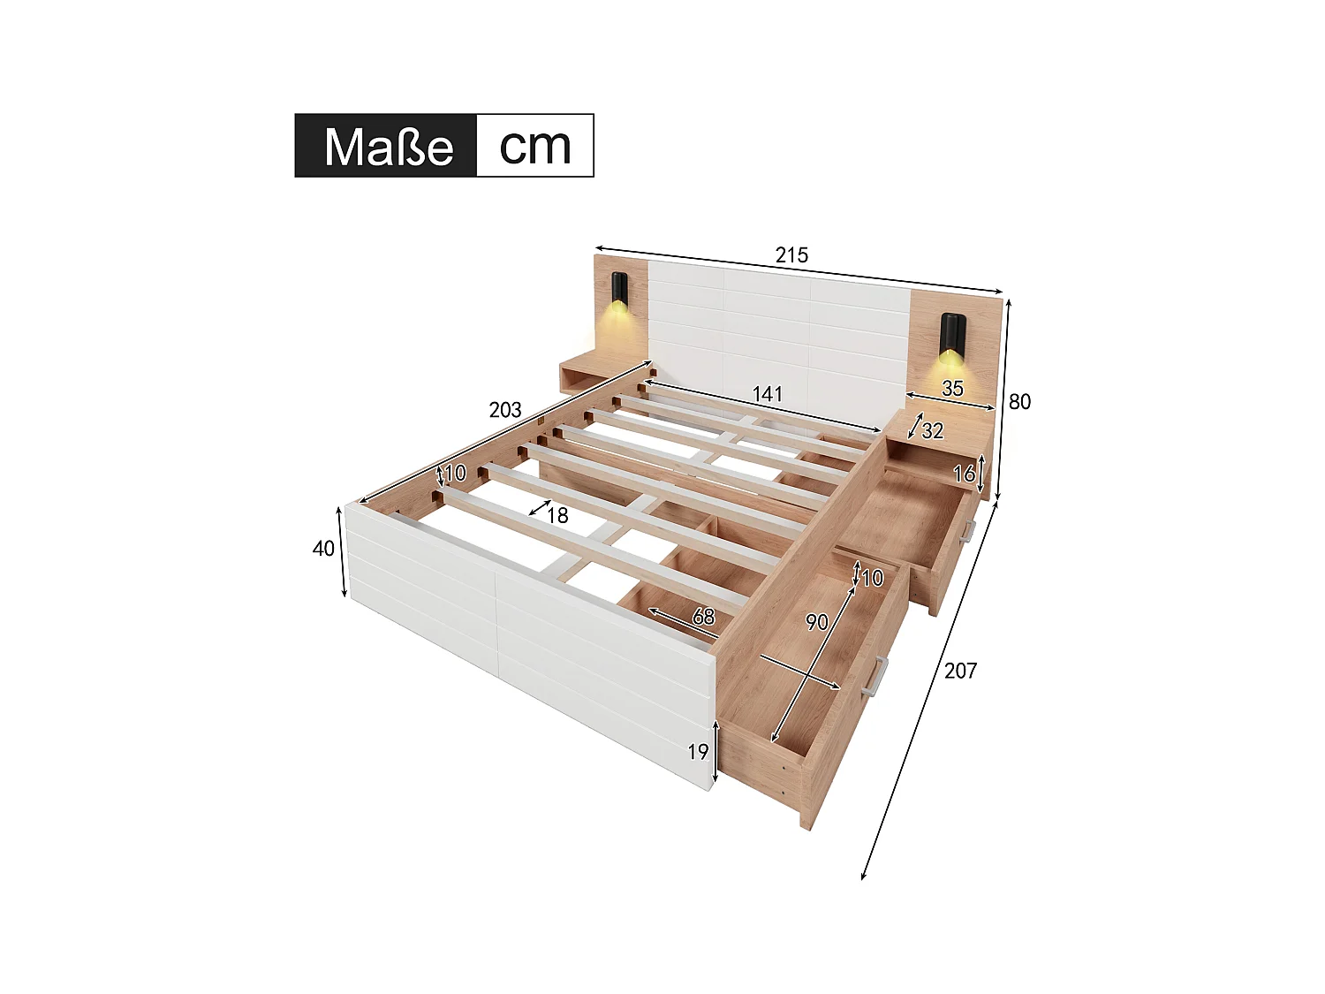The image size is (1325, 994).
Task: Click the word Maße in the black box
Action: pyautogui.click(x=388, y=146)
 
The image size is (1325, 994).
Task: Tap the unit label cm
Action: pyautogui.click(x=534, y=146)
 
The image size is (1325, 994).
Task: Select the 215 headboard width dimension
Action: pyautogui.click(x=791, y=255)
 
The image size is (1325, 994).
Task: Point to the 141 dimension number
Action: pyautogui.click(x=767, y=393)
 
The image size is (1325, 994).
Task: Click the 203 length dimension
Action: pyautogui.click(x=505, y=410)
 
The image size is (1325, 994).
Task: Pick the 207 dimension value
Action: pyautogui.click(x=960, y=671)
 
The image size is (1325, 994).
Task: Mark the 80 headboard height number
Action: pyautogui.click(x=1019, y=402)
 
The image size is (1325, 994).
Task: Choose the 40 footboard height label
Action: pyautogui.click(x=323, y=549)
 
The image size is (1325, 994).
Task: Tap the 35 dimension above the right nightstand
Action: pyautogui.click(x=952, y=388)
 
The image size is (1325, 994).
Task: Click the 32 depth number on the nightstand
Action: pyautogui.click(x=932, y=430)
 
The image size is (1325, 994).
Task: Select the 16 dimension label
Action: pyautogui.click(x=964, y=474)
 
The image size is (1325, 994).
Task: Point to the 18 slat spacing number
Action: pyautogui.click(x=556, y=515)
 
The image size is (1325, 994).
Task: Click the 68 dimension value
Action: pyautogui.click(x=703, y=616)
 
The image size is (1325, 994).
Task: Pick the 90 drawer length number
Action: pyautogui.click(x=817, y=622)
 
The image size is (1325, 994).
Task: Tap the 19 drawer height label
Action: pyautogui.click(x=698, y=751)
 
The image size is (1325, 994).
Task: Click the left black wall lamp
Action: pyautogui.click(x=619, y=289)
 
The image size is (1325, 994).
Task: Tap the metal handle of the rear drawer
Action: pyautogui.click(x=968, y=530)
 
